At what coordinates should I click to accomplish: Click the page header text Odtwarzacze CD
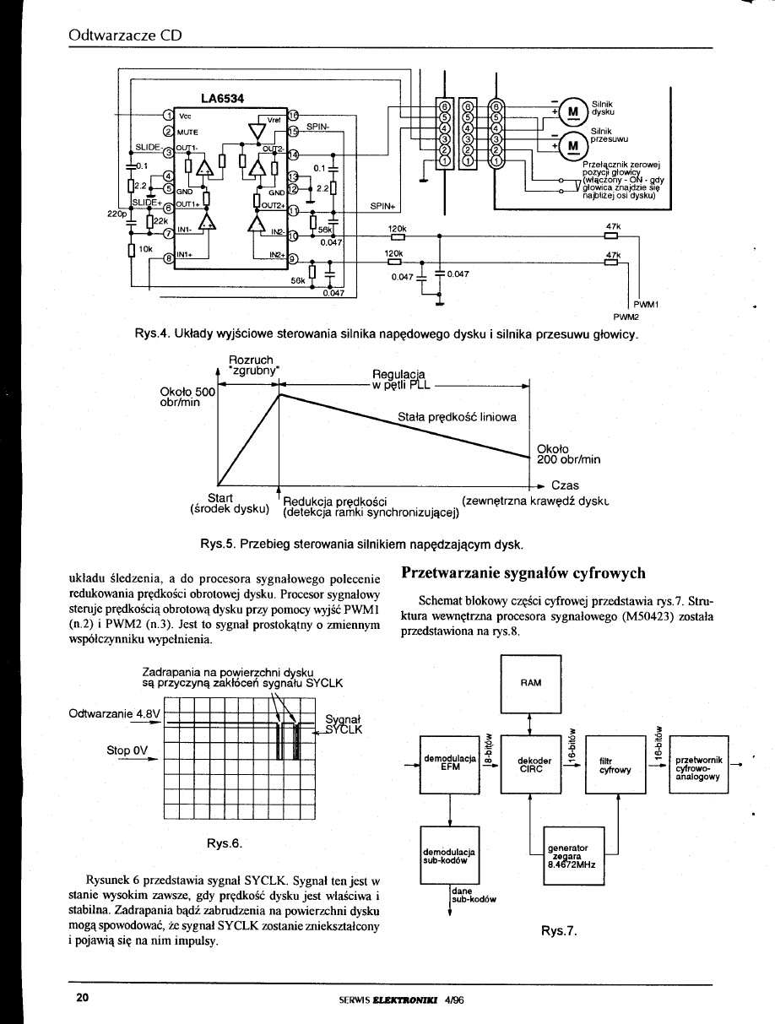126,36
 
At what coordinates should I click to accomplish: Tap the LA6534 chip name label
223,98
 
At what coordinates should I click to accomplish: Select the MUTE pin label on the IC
187,132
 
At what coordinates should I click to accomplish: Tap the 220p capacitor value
117,214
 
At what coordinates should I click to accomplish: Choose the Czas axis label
565,485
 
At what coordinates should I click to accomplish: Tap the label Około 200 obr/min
568,454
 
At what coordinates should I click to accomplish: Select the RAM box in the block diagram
529,681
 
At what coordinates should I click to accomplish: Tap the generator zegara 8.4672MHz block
567,853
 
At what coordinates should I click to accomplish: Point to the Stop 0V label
127,749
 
